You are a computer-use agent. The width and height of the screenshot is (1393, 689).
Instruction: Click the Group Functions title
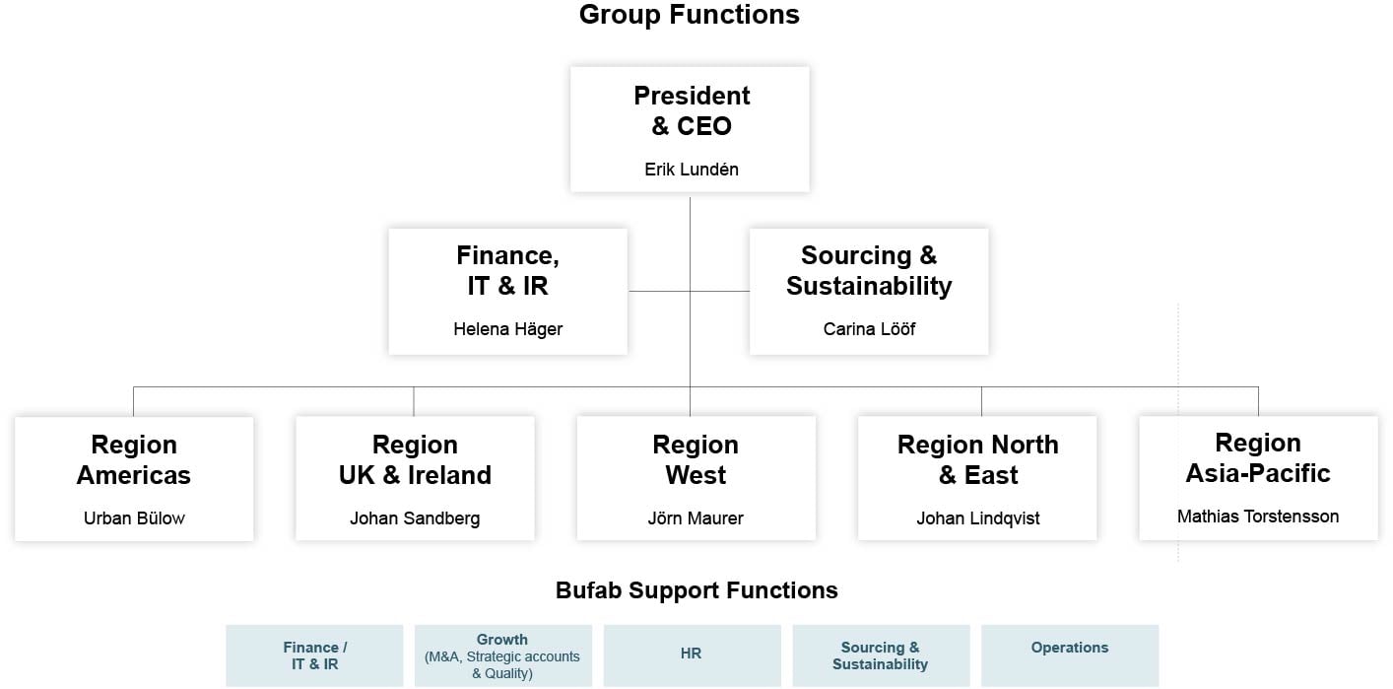pyautogui.click(x=689, y=15)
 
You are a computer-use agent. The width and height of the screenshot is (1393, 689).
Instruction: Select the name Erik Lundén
pyautogui.click(x=691, y=170)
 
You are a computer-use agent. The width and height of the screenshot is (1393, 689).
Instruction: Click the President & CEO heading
pyautogui.click(x=691, y=110)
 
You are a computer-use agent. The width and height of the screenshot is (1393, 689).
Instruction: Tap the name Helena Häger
pyautogui.click(x=507, y=329)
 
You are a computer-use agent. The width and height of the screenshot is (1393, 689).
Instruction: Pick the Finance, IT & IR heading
pyautogui.click(x=507, y=271)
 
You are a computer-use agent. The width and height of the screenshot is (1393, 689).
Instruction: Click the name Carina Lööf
pyautogui.click(x=869, y=329)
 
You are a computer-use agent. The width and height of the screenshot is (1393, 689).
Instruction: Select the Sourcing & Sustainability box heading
pyautogui.click(x=869, y=271)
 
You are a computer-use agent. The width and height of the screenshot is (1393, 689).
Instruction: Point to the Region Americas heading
pyautogui.click(x=134, y=459)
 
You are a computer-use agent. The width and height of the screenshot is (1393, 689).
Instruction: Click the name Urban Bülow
pyautogui.click(x=134, y=518)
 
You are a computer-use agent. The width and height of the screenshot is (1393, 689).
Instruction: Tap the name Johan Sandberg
pyautogui.click(x=415, y=518)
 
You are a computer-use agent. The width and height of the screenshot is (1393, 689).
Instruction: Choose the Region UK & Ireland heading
pyautogui.click(x=415, y=459)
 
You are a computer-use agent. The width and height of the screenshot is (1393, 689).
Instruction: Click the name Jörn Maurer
pyautogui.click(x=696, y=518)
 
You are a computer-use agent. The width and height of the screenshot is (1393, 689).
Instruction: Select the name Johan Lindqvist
pyautogui.click(x=977, y=518)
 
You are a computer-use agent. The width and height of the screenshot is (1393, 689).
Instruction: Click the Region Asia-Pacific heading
pyautogui.click(x=1258, y=457)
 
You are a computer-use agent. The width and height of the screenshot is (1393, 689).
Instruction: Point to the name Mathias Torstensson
pyautogui.click(x=1258, y=517)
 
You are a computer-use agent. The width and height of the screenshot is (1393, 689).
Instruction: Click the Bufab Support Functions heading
pyautogui.click(x=696, y=590)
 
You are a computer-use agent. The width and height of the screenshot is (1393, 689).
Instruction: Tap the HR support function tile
pyautogui.click(x=692, y=655)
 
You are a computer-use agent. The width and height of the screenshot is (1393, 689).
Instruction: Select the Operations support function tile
pyautogui.click(x=1070, y=655)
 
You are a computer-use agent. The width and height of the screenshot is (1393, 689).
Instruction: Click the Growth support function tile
pyautogui.click(x=502, y=655)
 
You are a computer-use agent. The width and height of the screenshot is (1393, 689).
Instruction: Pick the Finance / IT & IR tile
pyautogui.click(x=314, y=655)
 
